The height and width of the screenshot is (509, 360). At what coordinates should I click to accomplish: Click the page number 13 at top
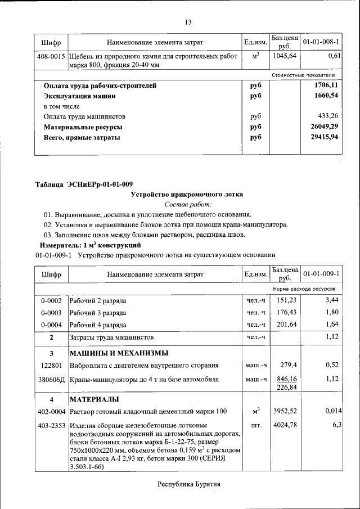pyautogui.click(x=188, y=22)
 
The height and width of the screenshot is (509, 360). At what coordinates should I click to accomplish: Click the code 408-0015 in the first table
pyautogui.click(x=51, y=57)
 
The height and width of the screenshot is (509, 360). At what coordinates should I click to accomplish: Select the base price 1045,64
pyautogui.click(x=284, y=57)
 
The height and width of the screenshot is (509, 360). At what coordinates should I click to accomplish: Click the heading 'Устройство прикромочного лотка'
pyautogui.click(x=187, y=195)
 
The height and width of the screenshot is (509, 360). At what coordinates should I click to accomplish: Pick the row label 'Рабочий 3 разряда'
pyautogui.click(x=97, y=313)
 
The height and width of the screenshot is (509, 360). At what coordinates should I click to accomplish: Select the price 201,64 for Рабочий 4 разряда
pyautogui.click(x=284, y=325)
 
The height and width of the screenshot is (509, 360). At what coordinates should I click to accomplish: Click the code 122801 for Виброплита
pyautogui.click(x=51, y=366)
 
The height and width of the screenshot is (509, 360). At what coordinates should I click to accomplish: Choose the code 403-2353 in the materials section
pyautogui.click(x=51, y=425)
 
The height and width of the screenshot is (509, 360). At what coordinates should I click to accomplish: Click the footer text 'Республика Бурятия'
pyautogui.click(x=188, y=484)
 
